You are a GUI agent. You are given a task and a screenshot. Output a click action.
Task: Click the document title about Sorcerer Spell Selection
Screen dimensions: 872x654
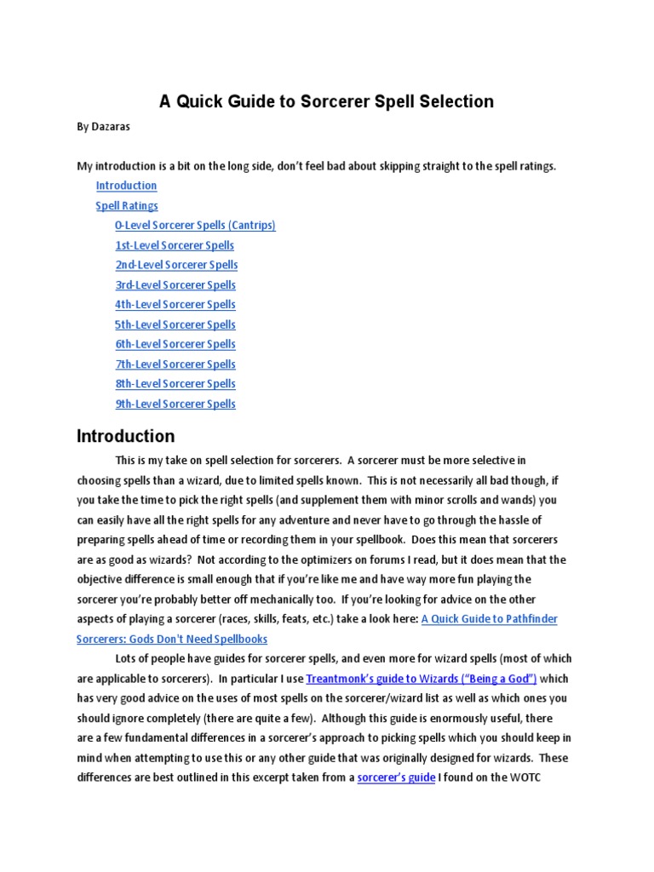327,101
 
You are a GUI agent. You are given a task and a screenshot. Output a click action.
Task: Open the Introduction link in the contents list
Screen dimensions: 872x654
126,186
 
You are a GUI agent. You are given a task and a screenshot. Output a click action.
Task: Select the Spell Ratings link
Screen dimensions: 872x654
126,205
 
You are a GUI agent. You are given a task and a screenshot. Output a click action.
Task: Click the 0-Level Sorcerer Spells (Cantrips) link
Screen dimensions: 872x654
195,225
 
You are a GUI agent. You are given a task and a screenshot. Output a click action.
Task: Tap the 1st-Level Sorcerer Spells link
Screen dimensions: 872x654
175,245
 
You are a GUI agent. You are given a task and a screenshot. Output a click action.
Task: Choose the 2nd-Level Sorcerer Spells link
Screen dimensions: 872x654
176,265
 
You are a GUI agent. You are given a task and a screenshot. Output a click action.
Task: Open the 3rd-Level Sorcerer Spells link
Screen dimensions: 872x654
175,285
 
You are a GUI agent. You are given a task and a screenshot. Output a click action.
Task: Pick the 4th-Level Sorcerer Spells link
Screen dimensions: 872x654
175,305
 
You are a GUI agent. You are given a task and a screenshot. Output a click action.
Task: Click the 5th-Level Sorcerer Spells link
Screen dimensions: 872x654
175,324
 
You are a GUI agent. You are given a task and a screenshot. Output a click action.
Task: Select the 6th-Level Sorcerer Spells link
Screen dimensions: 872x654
175,344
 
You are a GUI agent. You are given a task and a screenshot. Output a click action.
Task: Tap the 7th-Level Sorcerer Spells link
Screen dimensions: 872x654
175,364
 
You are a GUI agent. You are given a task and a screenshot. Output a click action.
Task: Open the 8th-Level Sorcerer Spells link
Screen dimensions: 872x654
175,384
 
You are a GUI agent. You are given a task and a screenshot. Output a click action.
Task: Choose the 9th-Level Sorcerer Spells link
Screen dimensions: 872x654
175,404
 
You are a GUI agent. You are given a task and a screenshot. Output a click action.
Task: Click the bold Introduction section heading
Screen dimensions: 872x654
125,437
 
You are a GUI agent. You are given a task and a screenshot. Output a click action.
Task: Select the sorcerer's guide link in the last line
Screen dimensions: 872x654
396,777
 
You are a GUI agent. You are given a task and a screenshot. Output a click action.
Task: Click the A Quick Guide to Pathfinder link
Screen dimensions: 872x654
489,619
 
